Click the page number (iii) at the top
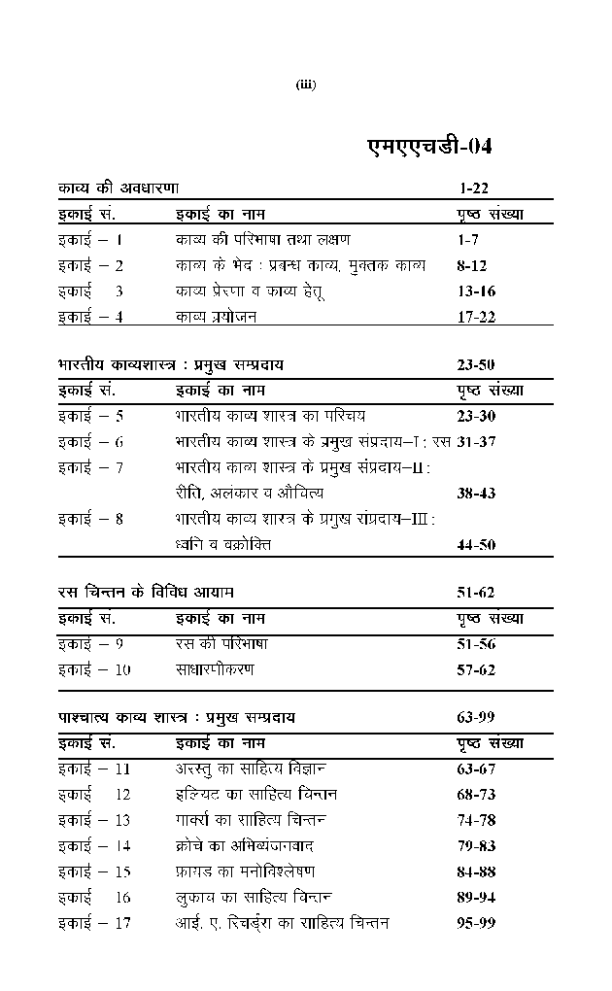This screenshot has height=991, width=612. click(x=306, y=85)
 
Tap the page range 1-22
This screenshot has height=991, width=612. click(x=472, y=187)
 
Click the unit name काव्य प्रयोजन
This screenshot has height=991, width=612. click(x=216, y=316)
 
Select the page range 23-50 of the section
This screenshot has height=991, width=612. click(x=476, y=365)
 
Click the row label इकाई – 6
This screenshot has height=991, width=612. click(x=90, y=442)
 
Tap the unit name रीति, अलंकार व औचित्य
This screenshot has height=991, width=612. click(x=250, y=494)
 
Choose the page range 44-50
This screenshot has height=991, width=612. click(x=476, y=545)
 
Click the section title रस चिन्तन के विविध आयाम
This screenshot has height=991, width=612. click(x=145, y=592)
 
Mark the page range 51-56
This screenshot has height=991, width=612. click(x=476, y=644)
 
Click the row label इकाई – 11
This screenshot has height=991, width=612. click(x=94, y=769)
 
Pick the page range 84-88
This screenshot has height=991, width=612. click(x=476, y=871)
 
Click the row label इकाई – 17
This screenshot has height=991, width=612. click(x=94, y=923)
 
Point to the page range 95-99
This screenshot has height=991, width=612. click(x=476, y=923)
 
